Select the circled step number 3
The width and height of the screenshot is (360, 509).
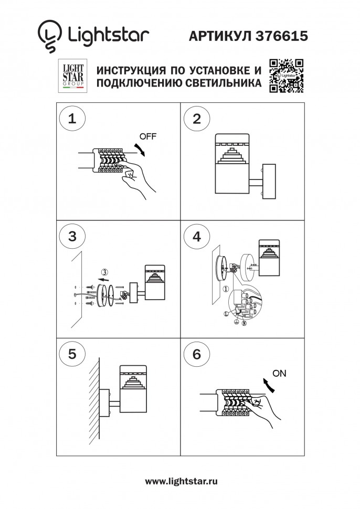pyautogui.click(x=72, y=236)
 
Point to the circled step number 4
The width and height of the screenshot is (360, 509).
pyautogui.click(x=197, y=236)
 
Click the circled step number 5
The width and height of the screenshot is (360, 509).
pyautogui.click(x=72, y=354)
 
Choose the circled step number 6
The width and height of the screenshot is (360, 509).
pyautogui.click(x=197, y=354)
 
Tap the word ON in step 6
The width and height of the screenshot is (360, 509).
pyautogui.click(x=280, y=374)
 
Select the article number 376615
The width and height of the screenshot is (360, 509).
pyautogui.click(x=281, y=35)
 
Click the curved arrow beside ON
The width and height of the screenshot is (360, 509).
pyautogui.click(x=269, y=386)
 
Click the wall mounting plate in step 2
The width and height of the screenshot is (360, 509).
pyautogui.click(x=268, y=182)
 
